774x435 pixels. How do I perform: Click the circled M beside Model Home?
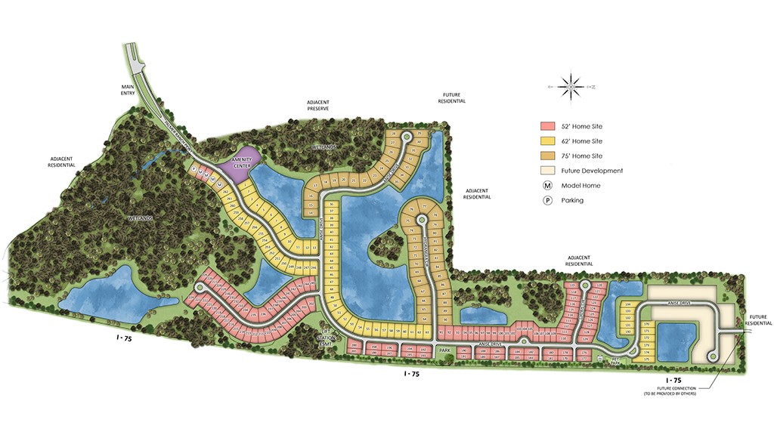(x=546, y=186)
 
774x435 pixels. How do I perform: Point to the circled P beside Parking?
(x=546, y=200)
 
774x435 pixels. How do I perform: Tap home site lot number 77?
(x=425, y=206)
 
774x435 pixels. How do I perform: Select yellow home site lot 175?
(x=646, y=359)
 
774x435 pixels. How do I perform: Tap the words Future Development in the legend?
(x=592, y=171)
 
